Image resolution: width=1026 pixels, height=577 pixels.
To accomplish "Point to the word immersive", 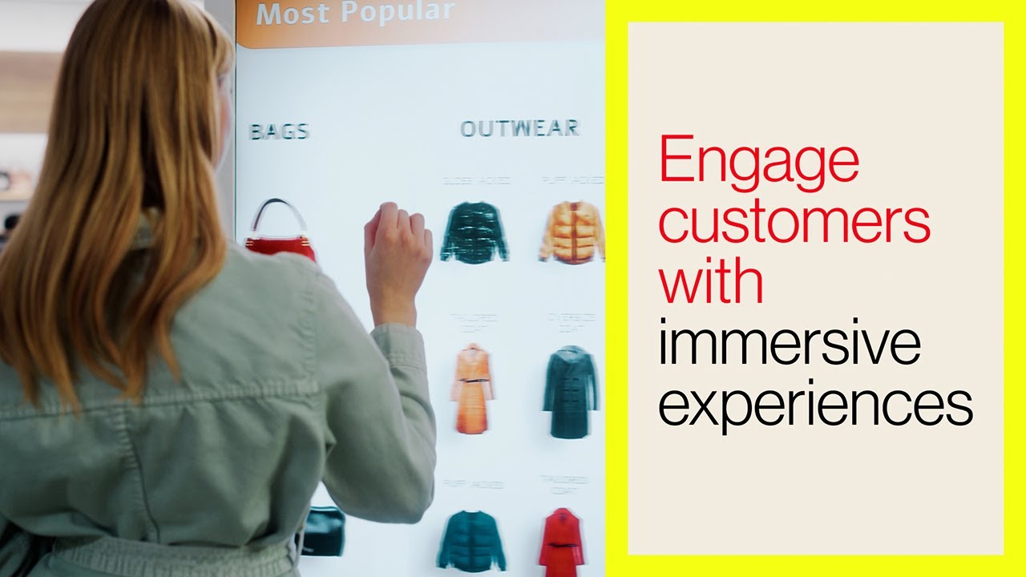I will [789, 342].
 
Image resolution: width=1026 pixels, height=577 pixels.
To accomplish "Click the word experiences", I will [815, 404].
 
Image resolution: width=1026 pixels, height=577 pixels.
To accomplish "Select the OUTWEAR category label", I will [519, 128].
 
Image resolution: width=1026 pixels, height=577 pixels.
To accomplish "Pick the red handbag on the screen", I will [281, 240].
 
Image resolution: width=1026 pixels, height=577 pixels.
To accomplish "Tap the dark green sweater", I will [474, 232].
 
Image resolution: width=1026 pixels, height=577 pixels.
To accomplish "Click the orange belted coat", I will [472, 388].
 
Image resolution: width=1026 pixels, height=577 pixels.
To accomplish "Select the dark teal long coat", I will [570, 390].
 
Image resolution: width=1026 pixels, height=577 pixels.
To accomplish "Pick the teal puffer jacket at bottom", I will [471, 541].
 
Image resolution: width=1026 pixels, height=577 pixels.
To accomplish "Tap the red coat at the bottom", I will [561, 541].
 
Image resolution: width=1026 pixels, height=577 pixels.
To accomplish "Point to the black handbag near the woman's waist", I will [323, 531].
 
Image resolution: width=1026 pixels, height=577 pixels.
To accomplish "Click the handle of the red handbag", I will [279, 210].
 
